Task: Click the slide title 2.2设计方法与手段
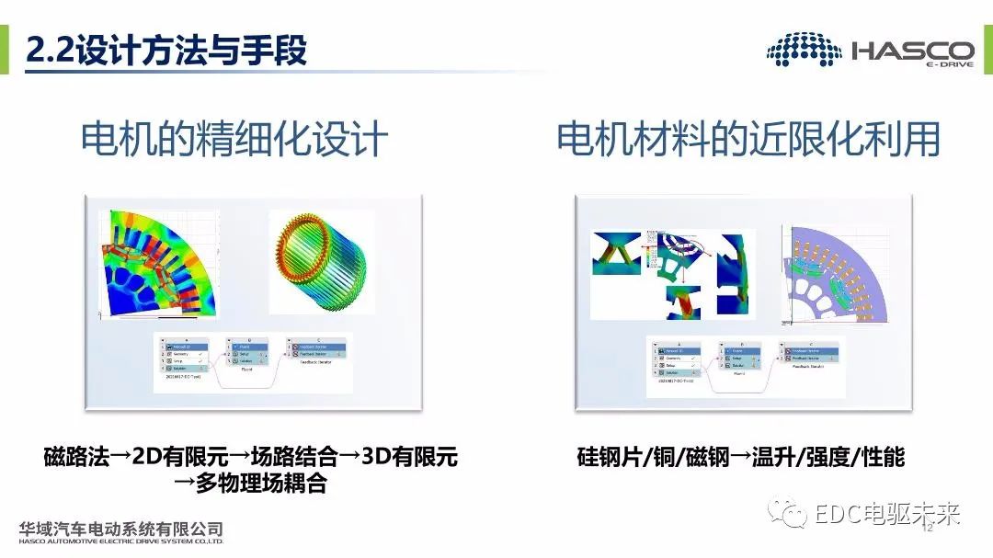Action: pos(165,50)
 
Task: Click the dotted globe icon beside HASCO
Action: pos(804,50)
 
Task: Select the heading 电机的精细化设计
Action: pos(234,140)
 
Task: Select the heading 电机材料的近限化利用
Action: pos(748,140)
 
